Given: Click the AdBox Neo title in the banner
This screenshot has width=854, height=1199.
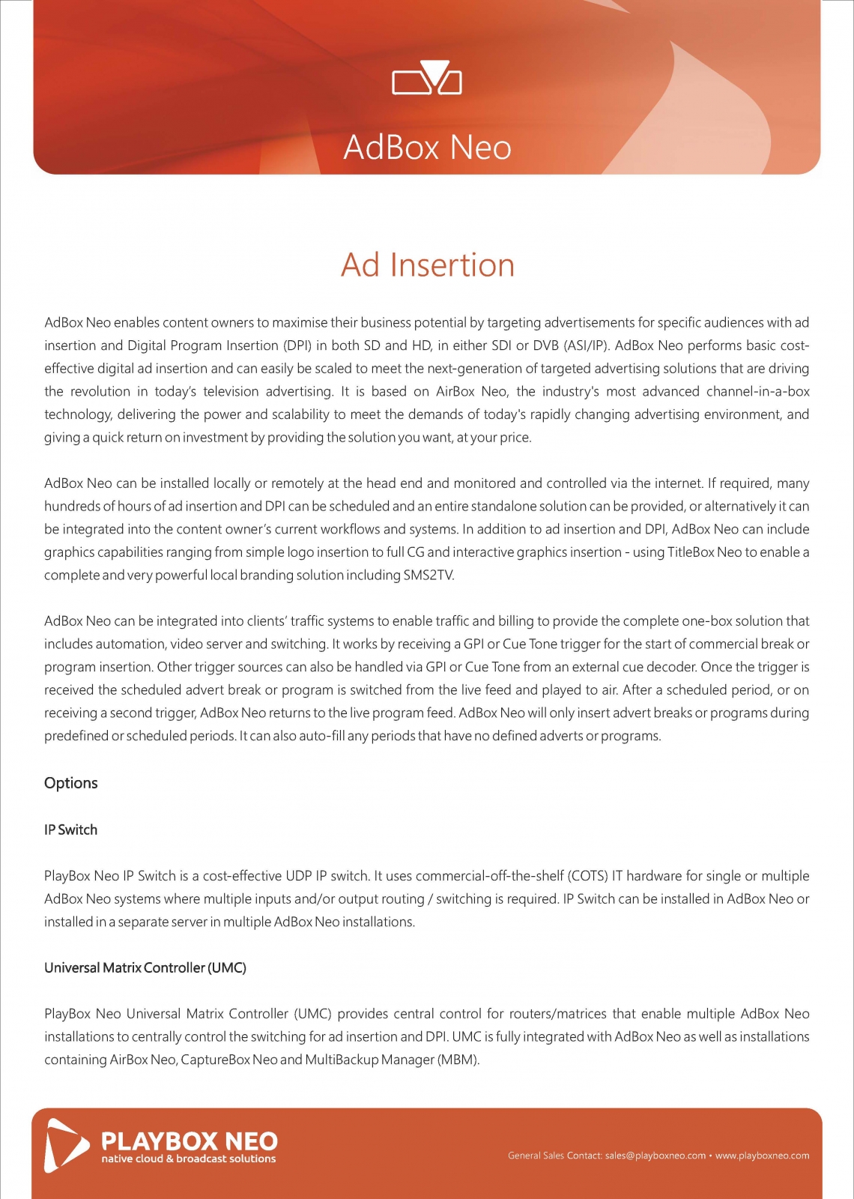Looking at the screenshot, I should pos(427,147).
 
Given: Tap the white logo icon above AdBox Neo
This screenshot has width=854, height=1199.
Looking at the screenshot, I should pos(427,78).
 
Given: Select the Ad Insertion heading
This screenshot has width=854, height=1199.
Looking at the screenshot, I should pos(428,265).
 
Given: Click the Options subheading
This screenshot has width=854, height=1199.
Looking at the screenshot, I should pos(71,783).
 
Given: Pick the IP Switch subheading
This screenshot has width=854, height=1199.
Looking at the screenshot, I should pos(71,830).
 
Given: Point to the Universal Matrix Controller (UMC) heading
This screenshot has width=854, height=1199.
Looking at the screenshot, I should pos(145,967).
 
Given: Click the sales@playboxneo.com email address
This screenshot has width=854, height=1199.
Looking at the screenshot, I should pos(655,1156).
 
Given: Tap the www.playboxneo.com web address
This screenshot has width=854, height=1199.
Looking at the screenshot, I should pos(762,1156).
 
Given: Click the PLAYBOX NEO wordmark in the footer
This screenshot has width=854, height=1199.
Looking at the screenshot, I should pos(189,1141).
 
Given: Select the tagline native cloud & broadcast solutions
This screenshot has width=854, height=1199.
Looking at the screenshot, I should pos(189,1159).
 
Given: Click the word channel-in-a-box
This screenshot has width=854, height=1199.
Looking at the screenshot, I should pos(757,392).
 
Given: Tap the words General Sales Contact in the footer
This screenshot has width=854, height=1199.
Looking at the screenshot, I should pos(554,1156).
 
